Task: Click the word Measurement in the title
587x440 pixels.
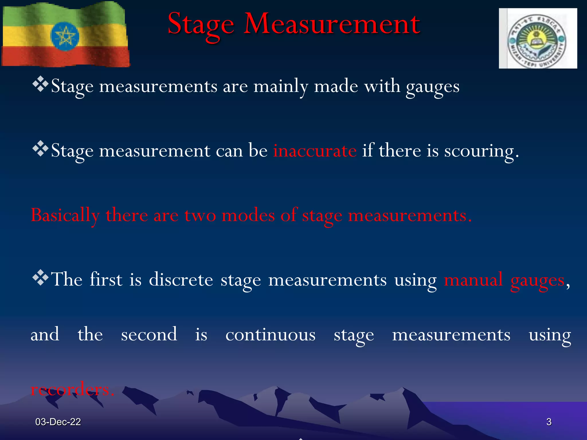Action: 332,24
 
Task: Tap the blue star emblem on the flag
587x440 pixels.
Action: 65,36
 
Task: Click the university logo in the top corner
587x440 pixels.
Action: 538,38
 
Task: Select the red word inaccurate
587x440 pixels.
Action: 315,150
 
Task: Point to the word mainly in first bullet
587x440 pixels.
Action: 281,87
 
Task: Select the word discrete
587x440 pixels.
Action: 181,279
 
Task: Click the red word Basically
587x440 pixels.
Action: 65,215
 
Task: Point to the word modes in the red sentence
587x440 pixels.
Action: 248,215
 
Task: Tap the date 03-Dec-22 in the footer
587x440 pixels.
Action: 58,422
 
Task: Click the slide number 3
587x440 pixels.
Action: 549,422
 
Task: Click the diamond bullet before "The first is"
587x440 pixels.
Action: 40,277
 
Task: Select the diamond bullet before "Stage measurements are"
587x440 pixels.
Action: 40,84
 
